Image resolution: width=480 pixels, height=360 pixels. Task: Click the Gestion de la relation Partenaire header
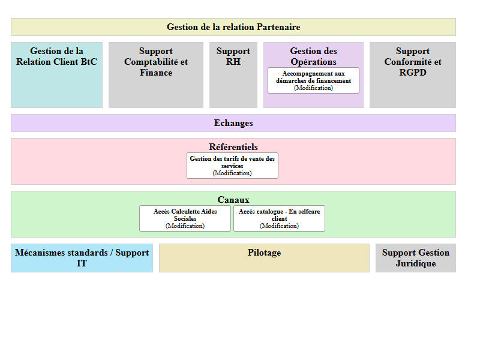[233, 27]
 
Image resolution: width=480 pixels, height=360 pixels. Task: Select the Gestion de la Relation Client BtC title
[56, 56]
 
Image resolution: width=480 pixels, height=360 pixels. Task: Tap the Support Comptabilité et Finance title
[156, 62]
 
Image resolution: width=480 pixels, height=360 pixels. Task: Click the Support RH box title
[233, 56]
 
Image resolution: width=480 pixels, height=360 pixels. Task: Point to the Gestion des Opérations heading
[313, 56]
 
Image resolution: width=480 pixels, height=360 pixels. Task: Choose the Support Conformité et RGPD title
[413, 62]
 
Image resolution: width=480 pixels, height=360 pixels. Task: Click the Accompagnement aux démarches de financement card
[313, 77]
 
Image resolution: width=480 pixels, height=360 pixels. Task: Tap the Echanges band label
[233, 123]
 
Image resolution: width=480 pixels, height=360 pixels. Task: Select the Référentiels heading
[233, 147]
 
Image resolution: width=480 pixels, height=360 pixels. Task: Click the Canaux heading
[233, 200]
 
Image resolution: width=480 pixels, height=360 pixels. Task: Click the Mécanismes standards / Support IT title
[82, 258]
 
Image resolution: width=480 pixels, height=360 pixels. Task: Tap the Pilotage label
[264, 253]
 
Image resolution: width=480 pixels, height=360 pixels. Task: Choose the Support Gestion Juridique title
[416, 258]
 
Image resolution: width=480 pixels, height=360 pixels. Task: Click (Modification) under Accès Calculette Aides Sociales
[185, 226]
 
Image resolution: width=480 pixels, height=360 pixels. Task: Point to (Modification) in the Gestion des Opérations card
[313, 88]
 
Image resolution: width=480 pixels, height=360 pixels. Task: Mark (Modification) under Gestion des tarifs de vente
[232, 173]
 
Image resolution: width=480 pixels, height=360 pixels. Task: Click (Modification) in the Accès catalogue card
[279, 226]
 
